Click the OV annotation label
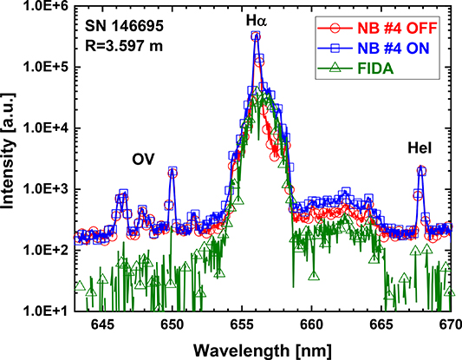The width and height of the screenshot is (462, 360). (x=143, y=160)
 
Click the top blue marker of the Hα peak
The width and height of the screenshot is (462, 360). (x=256, y=36)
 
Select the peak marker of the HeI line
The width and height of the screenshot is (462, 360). (x=422, y=171)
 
